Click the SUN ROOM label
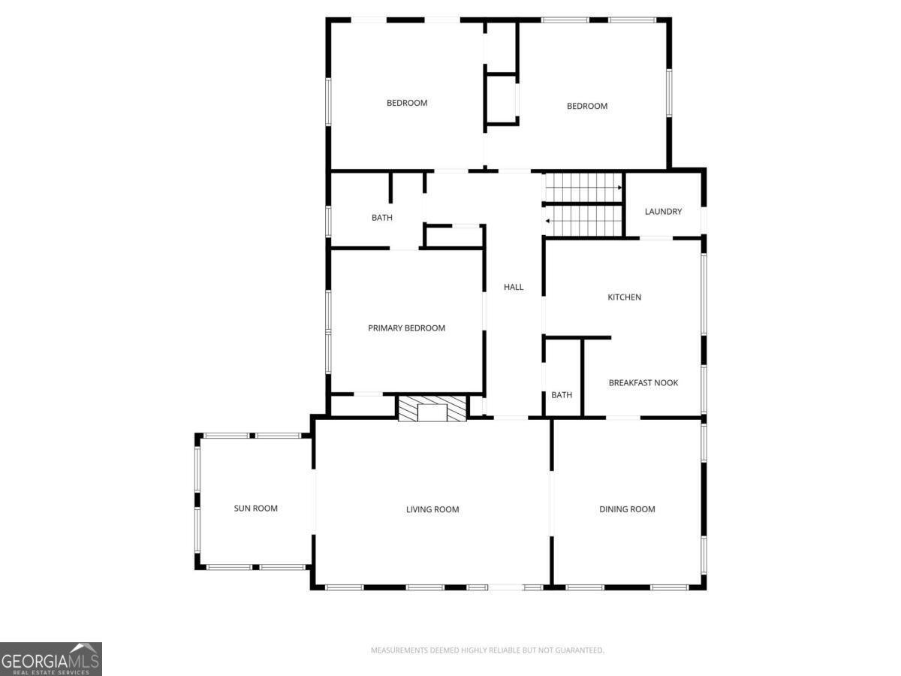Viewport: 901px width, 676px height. pyautogui.click(x=255, y=509)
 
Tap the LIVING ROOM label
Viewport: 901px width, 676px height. pyautogui.click(x=432, y=509)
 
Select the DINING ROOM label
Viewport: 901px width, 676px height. pyautogui.click(x=627, y=509)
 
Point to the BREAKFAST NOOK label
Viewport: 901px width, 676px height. pyautogui.click(x=643, y=382)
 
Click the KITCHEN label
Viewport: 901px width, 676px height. pyautogui.click(x=624, y=297)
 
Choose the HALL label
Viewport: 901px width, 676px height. pyautogui.click(x=514, y=287)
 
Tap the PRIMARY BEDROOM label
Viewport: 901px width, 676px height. pyautogui.click(x=406, y=327)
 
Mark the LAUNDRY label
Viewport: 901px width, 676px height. pyautogui.click(x=663, y=212)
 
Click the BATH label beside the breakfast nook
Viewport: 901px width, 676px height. pyautogui.click(x=562, y=395)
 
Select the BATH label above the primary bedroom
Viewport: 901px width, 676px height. pyautogui.click(x=381, y=218)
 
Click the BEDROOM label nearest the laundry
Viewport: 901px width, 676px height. pyautogui.click(x=586, y=106)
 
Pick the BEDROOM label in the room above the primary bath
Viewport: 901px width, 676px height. pyautogui.click(x=407, y=103)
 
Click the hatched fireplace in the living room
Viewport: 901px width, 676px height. pyautogui.click(x=432, y=410)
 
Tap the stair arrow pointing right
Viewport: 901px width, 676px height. pyautogui.click(x=619, y=187)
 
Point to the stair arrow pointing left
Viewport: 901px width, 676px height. pyautogui.click(x=548, y=221)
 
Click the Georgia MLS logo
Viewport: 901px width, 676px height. pyautogui.click(x=50, y=659)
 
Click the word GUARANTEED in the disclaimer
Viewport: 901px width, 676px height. pyautogui.click(x=579, y=650)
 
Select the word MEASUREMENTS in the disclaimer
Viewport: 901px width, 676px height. pyautogui.click(x=399, y=650)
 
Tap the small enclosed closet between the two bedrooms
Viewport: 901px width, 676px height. pyautogui.click(x=502, y=98)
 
